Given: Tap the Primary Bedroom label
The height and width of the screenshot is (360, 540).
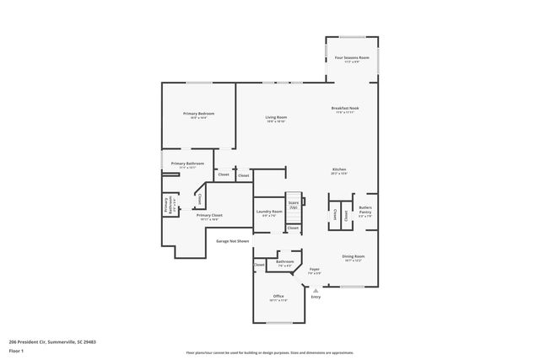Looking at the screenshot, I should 198,114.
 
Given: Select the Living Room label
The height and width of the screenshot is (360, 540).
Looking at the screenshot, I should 276,117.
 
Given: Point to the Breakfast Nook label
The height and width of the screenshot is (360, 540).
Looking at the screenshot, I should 346,109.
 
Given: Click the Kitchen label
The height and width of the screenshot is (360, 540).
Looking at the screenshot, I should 338,170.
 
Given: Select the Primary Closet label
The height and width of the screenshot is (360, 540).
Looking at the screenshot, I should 209,215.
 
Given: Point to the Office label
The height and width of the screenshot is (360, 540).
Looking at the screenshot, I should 278,296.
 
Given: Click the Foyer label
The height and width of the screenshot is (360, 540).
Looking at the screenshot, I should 314,269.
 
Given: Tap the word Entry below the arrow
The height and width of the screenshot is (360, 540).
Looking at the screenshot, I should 316,297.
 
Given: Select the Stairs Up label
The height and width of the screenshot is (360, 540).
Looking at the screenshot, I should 294,204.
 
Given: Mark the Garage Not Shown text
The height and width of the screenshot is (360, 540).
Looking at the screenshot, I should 232,241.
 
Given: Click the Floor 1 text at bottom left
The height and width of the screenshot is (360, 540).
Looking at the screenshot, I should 16,350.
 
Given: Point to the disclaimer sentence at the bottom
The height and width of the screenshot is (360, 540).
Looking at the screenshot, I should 270,352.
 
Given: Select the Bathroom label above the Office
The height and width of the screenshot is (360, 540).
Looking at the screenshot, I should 285,261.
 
